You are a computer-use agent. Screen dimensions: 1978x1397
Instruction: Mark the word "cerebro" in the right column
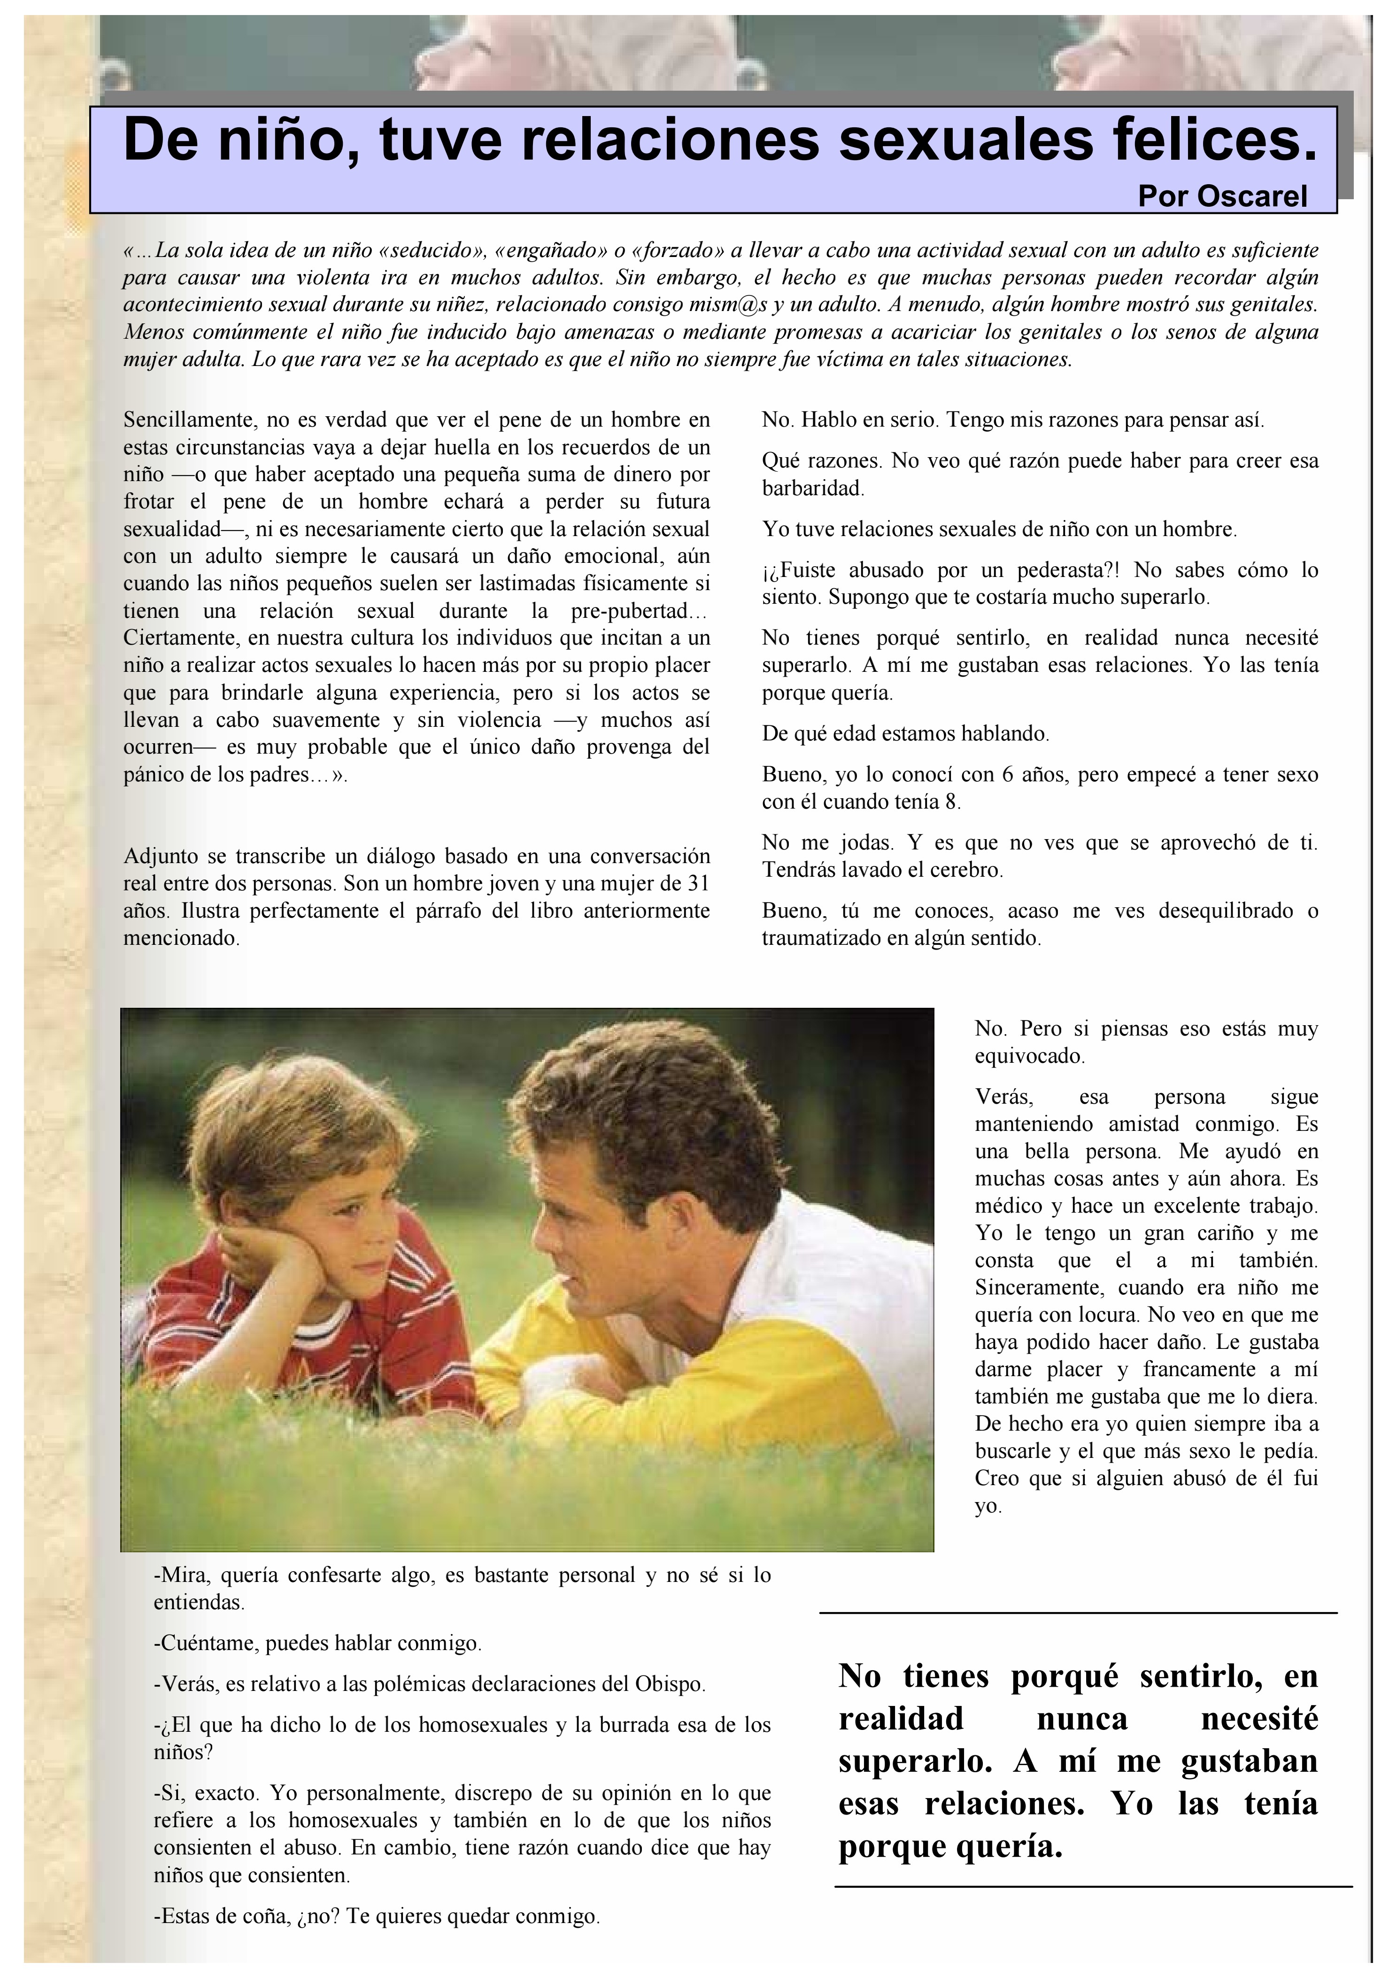pyautogui.click(x=969, y=870)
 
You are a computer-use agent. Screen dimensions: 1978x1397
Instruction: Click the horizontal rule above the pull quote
pyautogui.click(x=1078, y=1613)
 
